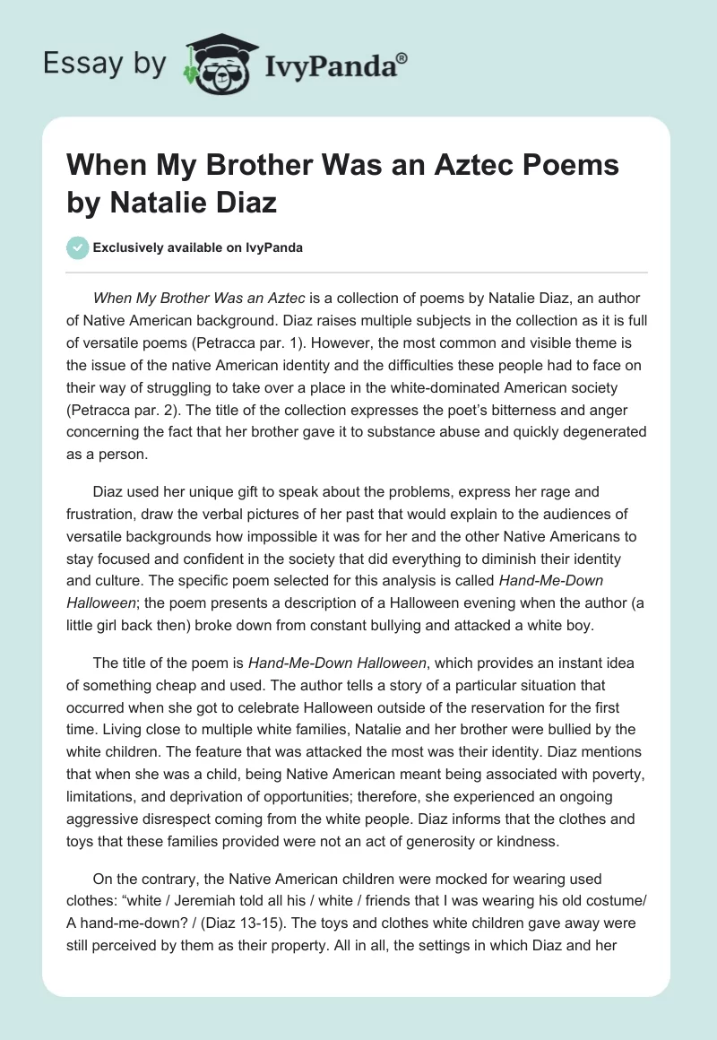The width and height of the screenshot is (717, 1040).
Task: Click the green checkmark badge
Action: coord(78,247)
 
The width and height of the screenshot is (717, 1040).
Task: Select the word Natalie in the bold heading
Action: coord(169,203)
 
